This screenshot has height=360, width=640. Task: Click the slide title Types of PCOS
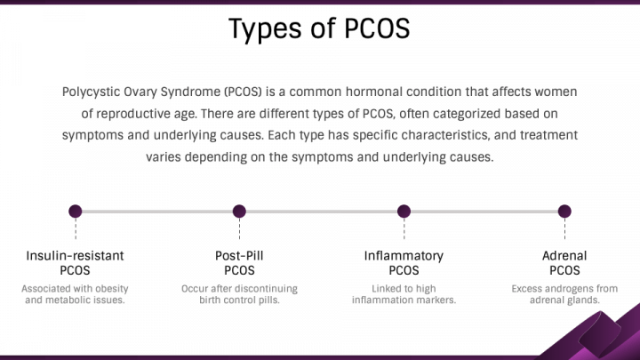coord(319,29)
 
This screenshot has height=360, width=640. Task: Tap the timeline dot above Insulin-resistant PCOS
coord(75,212)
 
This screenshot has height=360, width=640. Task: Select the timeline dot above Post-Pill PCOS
coord(239,212)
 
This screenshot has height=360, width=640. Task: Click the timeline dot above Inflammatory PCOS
coord(404,212)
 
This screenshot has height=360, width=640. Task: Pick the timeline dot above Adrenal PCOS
coord(564,212)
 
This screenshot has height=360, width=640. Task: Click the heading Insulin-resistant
coord(75,256)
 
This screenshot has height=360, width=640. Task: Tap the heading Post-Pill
coord(239,256)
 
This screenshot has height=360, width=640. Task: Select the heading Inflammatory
coord(404,256)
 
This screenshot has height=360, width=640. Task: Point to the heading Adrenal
coord(564,256)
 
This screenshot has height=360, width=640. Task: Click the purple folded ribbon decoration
coord(596,336)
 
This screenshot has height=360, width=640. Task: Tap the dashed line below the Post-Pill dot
coord(239,228)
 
